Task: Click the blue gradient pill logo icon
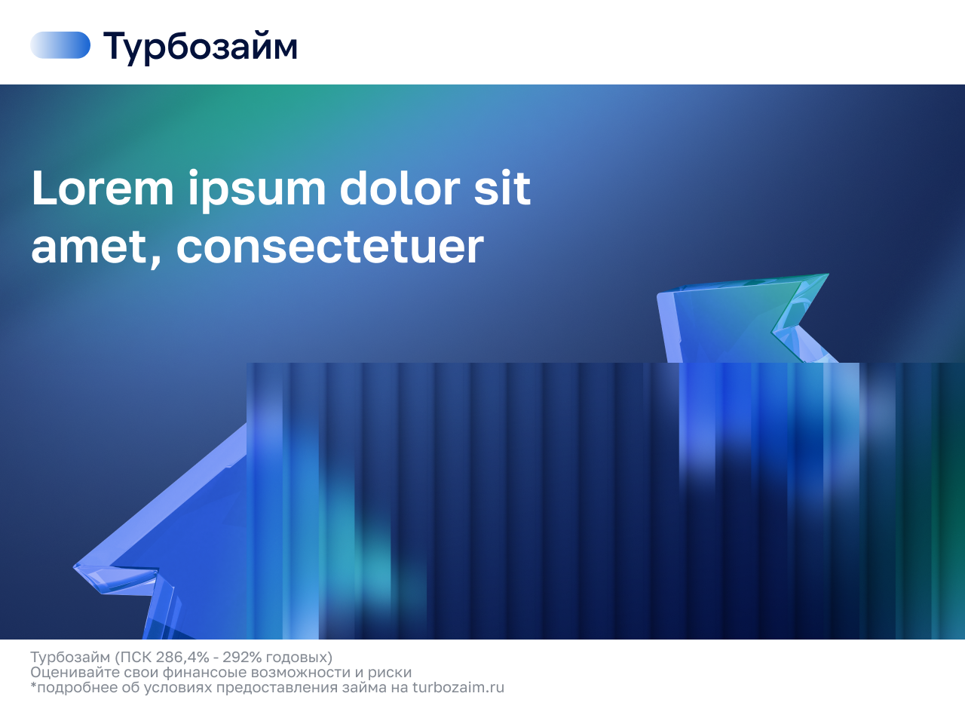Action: [x=60, y=44]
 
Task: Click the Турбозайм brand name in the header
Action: [x=201, y=47]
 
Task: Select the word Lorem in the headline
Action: [x=103, y=188]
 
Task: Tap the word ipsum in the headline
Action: [x=257, y=190]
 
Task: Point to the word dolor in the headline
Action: [x=400, y=188]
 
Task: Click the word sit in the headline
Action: [x=502, y=188]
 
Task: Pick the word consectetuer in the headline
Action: [x=329, y=247]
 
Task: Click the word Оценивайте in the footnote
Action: [x=75, y=673]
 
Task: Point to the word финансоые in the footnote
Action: [x=204, y=673]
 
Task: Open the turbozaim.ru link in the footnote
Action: [x=458, y=688]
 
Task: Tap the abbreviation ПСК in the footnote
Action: [x=134, y=657]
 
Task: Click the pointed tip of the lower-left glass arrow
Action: [x=74, y=566]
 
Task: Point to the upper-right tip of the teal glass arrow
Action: [x=829, y=275]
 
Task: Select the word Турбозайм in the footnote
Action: [x=70, y=658]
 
